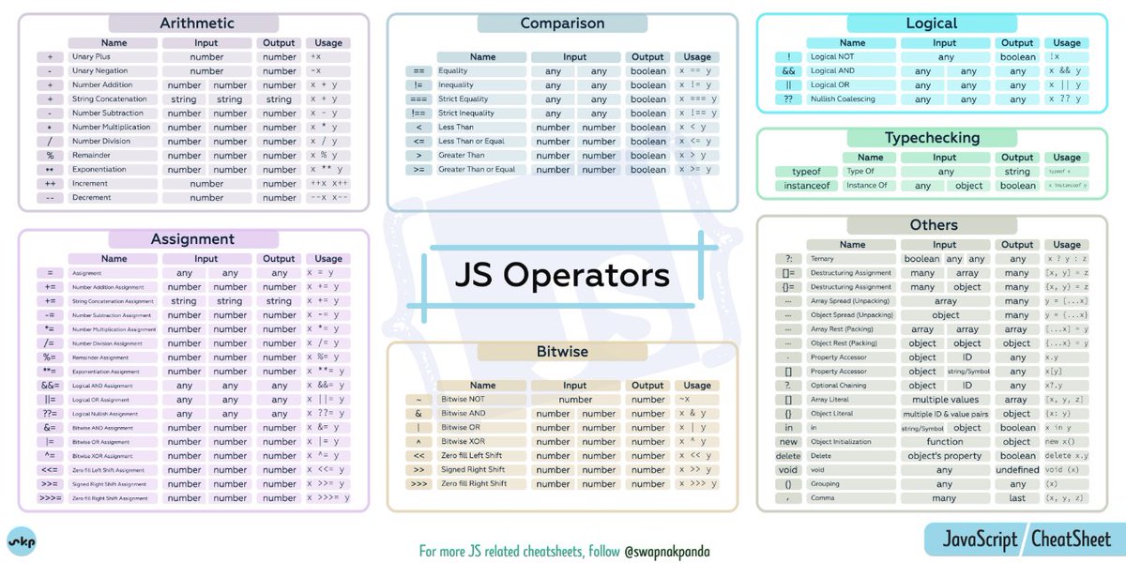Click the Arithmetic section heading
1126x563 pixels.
196,23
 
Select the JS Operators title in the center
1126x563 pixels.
562,275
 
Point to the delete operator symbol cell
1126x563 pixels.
788,456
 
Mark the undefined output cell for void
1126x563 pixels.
1017,470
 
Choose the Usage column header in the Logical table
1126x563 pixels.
1066,43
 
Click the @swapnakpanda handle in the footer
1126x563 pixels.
666,551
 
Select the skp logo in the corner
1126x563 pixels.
22,542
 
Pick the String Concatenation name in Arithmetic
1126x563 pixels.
110,99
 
